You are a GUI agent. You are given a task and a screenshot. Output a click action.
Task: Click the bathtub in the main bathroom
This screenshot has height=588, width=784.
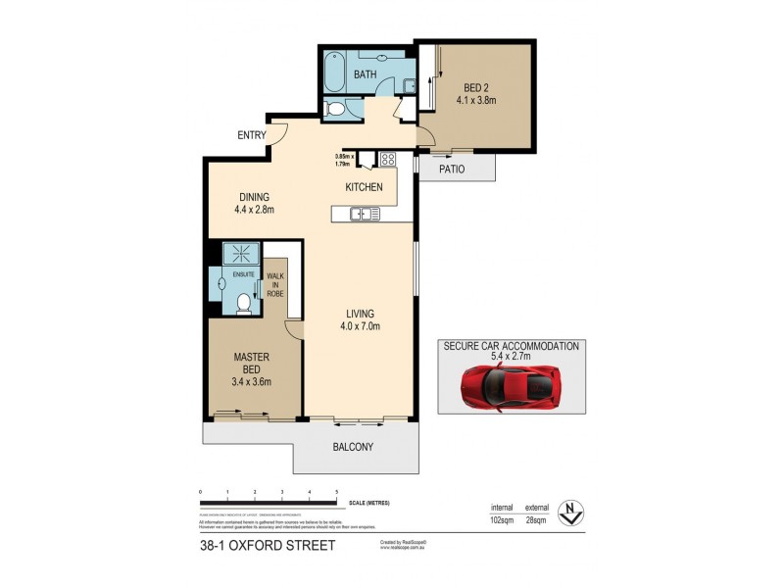[x=335, y=73]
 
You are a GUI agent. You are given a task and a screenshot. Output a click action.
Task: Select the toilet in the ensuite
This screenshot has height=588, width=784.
[x=244, y=304]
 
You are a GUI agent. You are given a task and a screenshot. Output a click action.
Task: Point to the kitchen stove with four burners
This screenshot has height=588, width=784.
[x=387, y=160]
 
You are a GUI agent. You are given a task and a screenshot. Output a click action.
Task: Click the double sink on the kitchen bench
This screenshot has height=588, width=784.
[x=362, y=213]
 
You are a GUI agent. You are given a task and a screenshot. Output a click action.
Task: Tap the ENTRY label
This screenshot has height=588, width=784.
[x=250, y=135]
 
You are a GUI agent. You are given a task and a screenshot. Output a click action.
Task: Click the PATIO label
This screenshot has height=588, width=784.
[x=451, y=169]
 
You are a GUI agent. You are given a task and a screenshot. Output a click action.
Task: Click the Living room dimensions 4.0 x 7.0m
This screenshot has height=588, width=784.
[x=359, y=326]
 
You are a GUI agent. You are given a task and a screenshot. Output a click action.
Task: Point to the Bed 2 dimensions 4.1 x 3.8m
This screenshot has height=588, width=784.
[x=476, y=100]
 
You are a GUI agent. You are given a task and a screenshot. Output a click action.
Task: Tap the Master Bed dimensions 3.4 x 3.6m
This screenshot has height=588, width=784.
[x=251, y=382]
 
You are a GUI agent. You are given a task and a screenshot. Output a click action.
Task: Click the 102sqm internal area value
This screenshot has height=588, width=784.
[x=502, y=519]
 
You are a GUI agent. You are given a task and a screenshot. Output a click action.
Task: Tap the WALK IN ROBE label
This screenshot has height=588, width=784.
[x=274, y=284]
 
